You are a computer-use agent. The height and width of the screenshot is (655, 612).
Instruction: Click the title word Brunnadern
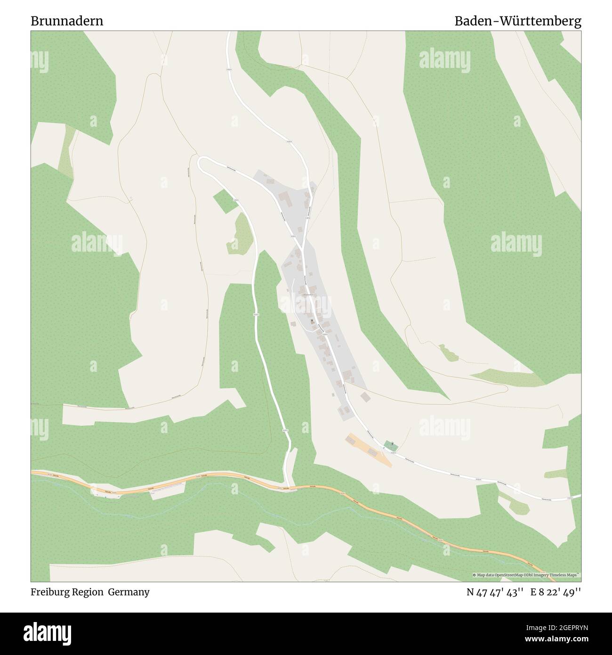click(67, 21)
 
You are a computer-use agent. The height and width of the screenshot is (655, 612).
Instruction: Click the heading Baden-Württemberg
click(517, 21)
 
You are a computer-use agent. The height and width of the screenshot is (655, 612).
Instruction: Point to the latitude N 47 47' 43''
click(495, 592)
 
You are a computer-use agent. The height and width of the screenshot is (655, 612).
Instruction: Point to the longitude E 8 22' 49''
click(556, 592)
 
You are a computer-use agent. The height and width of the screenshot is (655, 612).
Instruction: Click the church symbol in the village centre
click(312, 321)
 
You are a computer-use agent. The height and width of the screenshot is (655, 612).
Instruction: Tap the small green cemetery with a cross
click(390, 445)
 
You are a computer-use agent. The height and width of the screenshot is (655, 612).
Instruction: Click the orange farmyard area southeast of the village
click(370, 450)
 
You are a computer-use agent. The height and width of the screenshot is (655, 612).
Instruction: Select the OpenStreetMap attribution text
click(526, 575)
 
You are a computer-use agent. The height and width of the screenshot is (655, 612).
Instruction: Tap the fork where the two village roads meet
click(303, 245)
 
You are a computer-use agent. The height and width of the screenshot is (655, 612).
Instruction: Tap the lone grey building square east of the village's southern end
click(364, 396)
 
